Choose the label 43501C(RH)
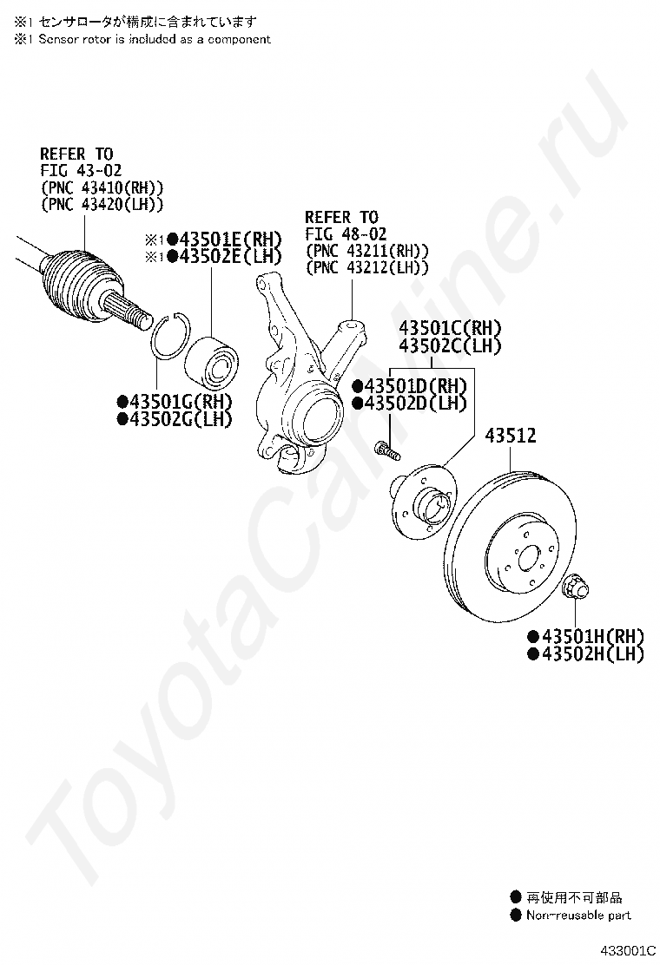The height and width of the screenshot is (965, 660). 450,329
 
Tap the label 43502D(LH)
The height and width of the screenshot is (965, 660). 414,403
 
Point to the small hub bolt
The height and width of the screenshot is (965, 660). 387,450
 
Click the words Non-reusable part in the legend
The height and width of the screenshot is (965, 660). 578,915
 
